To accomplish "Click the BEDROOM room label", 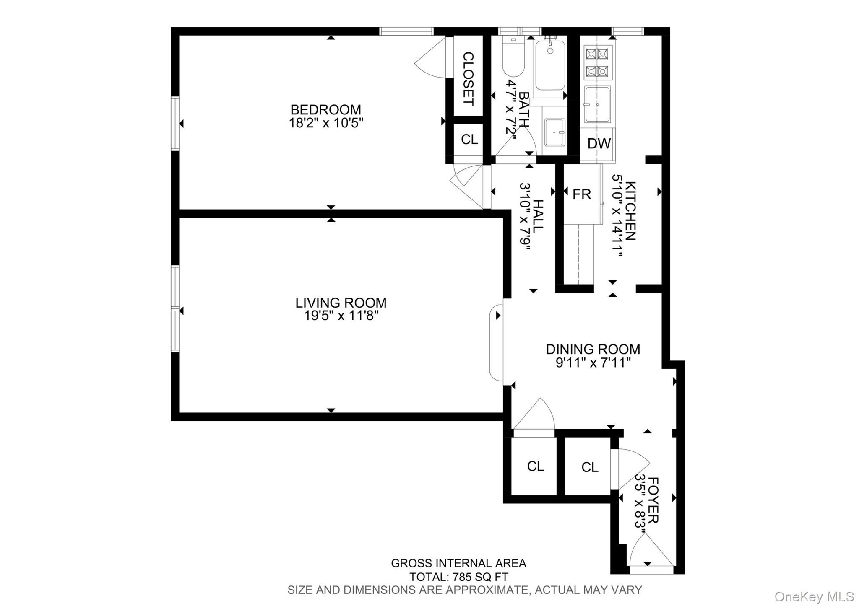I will pyautogui.click(x=325, y=110).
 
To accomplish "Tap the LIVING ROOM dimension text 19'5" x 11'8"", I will pyautogui.click(x=341, y=316).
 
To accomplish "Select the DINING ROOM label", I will pyautogui.click(x=593, y=349).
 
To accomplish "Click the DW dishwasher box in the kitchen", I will pyautogui.click(x=599, y=144).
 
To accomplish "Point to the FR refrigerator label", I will pyautogui.click(x=581, y=194).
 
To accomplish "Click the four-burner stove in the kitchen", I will pyautogui.click(x=597, y=63).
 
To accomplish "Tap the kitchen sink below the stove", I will pyautogui.click(x=598, y=105).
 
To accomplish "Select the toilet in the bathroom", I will pyautogui.click(x=513, y=61).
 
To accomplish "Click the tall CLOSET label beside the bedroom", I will pyautogui.click(x=468, y=79).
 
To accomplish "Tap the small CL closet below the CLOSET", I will pyautogui.click(x=469, y=140).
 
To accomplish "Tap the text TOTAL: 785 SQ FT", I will pyautogui.click(x=458, y=577).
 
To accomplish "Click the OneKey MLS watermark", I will pyautogui.click(x=814, y=596).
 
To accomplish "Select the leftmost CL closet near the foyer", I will pyautogui.click(x=535, y=466).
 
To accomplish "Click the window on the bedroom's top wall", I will pyautogui.click(x=406, y=31).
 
